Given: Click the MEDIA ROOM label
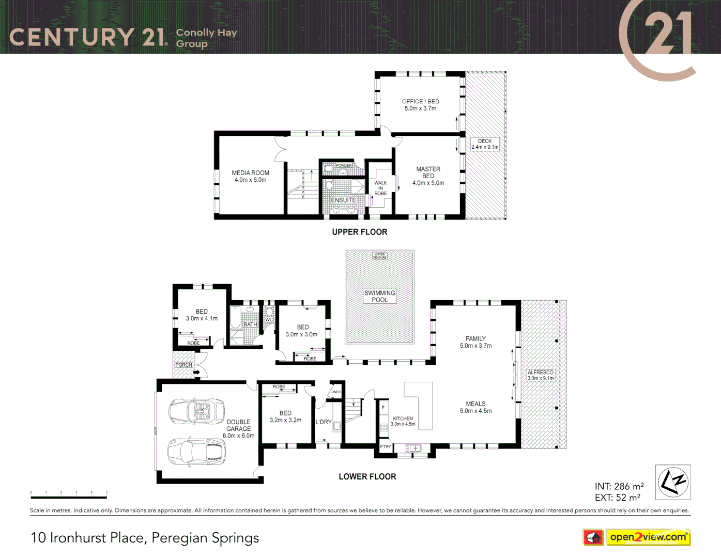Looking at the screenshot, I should (250, 176).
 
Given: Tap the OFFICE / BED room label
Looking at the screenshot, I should (420, 105).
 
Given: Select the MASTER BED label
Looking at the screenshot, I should (428, 176).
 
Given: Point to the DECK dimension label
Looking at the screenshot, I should (485, 144).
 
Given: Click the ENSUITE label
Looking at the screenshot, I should (343, 200).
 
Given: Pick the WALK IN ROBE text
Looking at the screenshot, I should (380, 188).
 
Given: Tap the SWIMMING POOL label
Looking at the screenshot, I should (379, 296).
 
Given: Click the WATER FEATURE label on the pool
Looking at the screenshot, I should (379, 256).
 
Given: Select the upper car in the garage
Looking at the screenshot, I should (196, 411).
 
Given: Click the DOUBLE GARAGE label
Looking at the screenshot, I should (238, 429).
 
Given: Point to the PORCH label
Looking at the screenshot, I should (183, 365).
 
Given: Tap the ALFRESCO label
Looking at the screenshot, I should (540, 375).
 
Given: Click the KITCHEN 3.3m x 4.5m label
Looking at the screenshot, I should (403, 421).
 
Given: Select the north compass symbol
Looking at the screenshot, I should (673, 482).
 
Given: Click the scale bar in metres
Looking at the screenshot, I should (69, 497).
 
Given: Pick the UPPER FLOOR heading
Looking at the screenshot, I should (360, 232).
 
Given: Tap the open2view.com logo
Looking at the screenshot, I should (648, 537).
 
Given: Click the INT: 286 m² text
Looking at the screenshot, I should (619, 486).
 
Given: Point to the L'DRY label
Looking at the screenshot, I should (324, 422).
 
